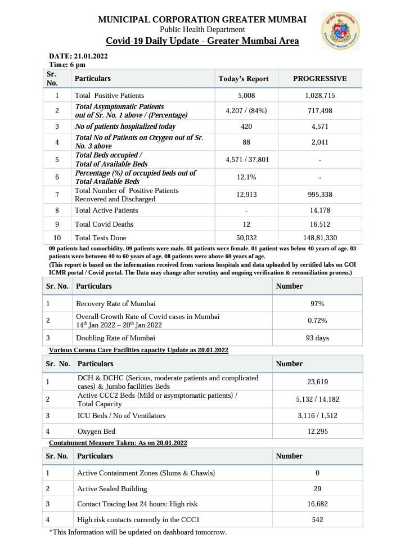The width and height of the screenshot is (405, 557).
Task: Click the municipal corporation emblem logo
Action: (340, 30)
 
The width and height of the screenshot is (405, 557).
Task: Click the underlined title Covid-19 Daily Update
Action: (202, 41)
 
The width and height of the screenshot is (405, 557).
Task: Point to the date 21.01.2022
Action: (78, 56)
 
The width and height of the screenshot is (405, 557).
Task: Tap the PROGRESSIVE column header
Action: (319, 79)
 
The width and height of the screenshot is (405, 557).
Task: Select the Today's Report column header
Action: (244, 79)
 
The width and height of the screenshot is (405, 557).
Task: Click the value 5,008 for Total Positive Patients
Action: (246, 96)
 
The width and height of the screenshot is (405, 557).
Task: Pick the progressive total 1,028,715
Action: (319, 96)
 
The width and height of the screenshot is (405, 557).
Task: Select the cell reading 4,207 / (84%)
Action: (246, 111)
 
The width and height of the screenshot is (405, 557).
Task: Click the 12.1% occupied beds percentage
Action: (246, 177)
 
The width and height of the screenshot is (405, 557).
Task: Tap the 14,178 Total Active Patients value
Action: (319, 210)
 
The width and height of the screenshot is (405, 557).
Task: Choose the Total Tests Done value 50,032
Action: (246, 238)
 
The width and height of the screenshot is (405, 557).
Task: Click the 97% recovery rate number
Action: (317, 304)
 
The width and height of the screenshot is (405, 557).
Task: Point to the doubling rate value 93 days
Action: (317, 338)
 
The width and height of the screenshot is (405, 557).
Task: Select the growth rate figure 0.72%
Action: (317, 321)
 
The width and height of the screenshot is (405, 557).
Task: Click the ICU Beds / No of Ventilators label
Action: (121, 416)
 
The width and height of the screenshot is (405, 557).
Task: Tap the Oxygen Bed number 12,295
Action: (317, 432)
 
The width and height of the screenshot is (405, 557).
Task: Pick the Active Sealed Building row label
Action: (112, 489)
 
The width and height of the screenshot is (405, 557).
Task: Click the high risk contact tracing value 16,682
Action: (317, 504)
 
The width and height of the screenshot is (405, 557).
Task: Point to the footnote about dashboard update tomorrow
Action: (138, 532)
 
